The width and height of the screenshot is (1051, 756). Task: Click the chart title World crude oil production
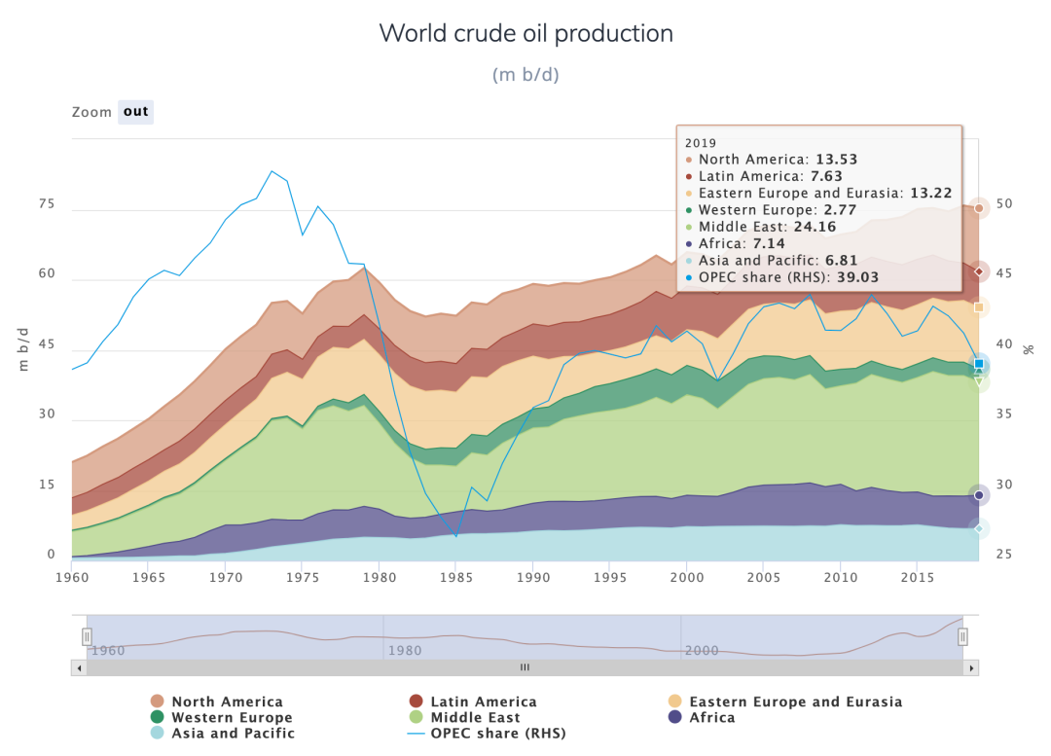(525, 33)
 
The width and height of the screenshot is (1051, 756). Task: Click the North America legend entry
(227, 702)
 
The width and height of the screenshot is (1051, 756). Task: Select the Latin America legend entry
(483, 702)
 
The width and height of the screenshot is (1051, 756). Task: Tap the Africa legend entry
(711, 717)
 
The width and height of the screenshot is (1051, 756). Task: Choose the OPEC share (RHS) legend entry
(497, 733)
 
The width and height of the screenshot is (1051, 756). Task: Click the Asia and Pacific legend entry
(233, 733)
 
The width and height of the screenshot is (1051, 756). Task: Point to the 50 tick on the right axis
(1003, 204)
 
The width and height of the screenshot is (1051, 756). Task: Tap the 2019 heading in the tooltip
(701, 143)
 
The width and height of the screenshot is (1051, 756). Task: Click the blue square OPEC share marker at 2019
(979, 364)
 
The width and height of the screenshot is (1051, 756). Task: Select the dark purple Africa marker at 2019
(979, 495)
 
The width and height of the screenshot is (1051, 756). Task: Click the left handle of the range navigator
(87, 637)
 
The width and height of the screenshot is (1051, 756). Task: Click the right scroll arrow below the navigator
(972, 667)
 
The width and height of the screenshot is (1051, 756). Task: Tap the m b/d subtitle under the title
(525, 75)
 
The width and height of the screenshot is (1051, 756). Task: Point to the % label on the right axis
(1028, 349)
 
